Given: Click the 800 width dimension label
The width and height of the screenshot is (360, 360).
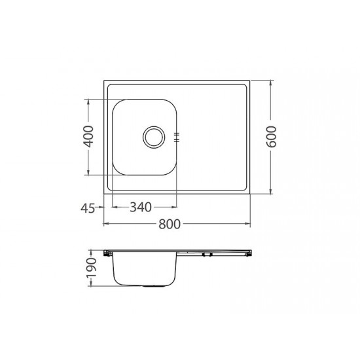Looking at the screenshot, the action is [x=170, y=224].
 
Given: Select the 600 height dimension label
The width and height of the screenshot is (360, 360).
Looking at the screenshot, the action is [x=271, y=137].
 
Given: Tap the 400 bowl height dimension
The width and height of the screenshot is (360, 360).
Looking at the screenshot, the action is [x=88, y=137].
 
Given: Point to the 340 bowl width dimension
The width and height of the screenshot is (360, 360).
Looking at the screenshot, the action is [x=141, y=207].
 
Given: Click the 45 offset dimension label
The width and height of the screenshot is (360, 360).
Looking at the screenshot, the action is [x=88, y=208].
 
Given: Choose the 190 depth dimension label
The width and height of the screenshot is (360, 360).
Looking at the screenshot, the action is [x=91, y=268].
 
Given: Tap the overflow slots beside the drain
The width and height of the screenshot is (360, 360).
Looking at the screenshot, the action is [x=177, y=137].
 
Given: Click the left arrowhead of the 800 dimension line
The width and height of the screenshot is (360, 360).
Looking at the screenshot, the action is [x=106, y=223].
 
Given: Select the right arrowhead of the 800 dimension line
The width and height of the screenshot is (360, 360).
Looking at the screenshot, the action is [x=247, y=223].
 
